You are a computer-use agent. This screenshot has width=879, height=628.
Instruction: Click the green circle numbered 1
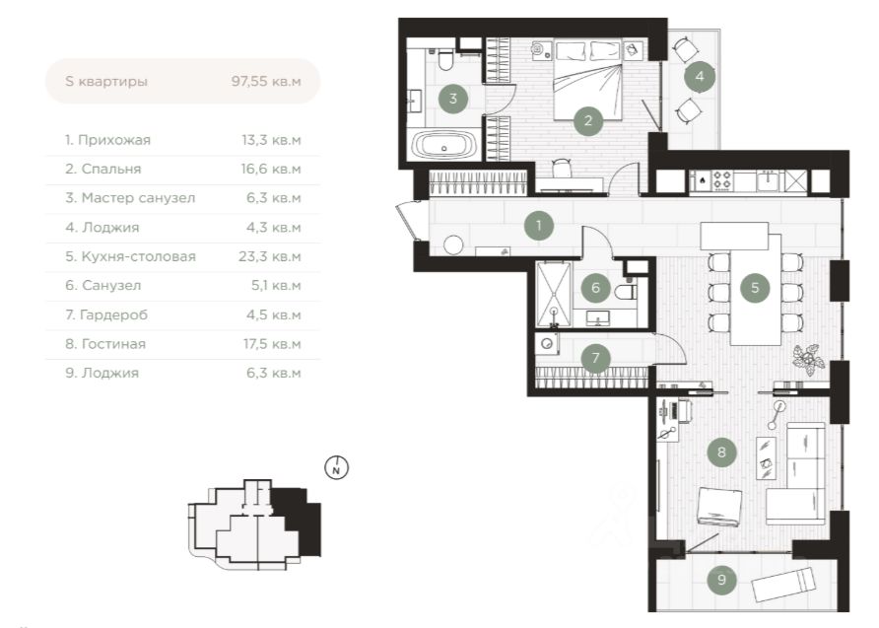point(539,226)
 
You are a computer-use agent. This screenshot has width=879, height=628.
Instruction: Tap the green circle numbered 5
point(755,288)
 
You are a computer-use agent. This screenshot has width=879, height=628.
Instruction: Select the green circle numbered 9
point(721,580)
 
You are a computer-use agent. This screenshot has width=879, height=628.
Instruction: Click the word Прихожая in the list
point(114,140)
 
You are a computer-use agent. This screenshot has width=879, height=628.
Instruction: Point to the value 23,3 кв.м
point(270,256)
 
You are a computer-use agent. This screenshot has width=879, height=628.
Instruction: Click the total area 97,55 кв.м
point(266,81)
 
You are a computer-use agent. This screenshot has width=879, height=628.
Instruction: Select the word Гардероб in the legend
point(113,315)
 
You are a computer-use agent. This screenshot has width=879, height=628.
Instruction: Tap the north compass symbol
point(336,467)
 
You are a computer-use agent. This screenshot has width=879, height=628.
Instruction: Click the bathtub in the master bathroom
point(444,144)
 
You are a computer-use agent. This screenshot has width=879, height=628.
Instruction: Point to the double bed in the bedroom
point(587,79)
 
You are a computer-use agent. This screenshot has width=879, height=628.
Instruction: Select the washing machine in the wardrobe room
point(546,344)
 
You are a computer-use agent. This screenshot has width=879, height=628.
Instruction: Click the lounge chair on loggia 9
point(782,584)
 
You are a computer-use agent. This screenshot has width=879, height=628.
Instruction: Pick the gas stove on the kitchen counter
point(722,180)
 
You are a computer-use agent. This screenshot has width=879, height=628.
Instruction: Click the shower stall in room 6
point(554,295)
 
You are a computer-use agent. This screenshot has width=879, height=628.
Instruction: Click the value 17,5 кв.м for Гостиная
point(272,344)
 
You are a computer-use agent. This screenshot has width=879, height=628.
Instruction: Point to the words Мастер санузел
point(139,198)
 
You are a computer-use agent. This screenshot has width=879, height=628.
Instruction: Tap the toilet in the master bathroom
point(445,60)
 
